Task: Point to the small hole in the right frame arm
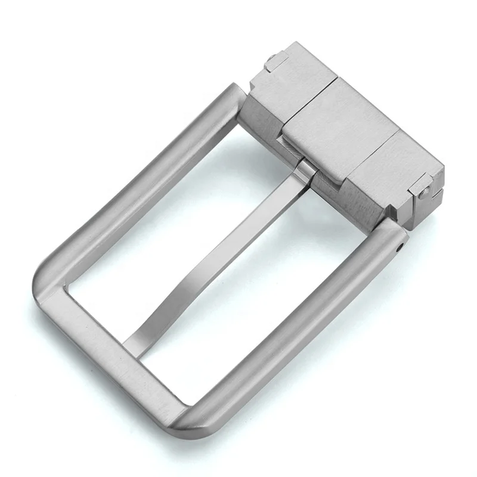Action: (x=400, y=244)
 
